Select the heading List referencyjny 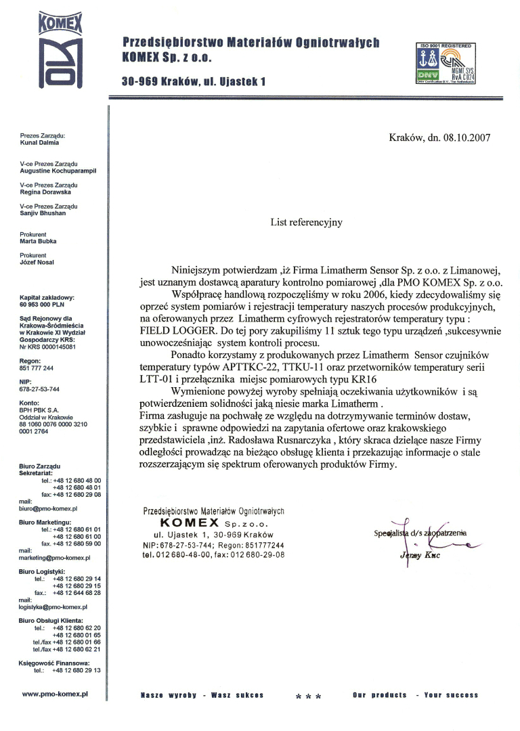tap(306, 221)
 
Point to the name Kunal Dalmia tap(39, 143)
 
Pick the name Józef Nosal tap(37, 262)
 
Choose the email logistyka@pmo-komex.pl tap(53, 607)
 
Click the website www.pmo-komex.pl tap(55, 694)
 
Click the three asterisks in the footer tap(308, 696)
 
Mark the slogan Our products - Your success tap(415, 694)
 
